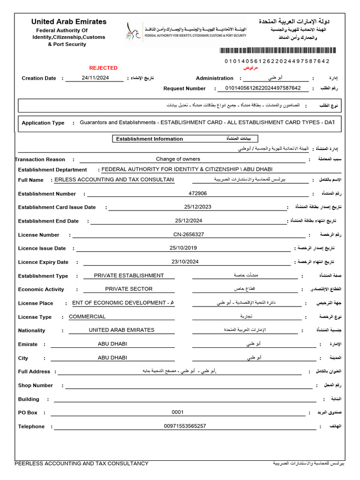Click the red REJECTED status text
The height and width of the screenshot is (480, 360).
103,68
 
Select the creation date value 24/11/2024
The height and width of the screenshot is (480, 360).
95,78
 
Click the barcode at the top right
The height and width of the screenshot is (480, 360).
274,51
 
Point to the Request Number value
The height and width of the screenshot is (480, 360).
263,88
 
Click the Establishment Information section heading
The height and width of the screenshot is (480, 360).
150,139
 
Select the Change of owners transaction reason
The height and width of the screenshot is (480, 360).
178,159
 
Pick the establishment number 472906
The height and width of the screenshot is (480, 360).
197,193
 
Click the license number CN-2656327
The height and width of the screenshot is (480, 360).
188,234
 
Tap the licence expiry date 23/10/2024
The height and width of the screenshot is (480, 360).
185,262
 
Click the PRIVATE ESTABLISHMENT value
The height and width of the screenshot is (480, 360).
129,276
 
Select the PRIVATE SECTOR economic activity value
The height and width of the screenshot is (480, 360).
129,289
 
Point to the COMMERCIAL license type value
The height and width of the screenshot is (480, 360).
87,317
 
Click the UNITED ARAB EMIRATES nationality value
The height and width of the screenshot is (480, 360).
121,330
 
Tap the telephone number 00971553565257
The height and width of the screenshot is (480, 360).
185,426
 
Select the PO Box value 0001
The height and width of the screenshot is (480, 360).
178,412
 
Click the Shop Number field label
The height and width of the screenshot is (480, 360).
36,385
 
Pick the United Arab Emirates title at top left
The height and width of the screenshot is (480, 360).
69,22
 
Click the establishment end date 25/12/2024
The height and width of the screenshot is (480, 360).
188,221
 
